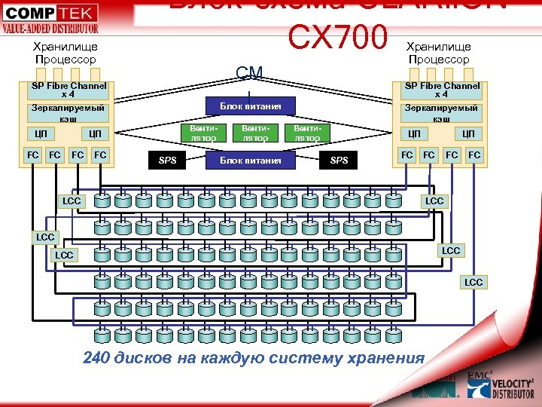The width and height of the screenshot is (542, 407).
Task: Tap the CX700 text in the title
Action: (x=337, y=38)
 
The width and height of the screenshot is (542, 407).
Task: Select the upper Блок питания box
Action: (x=251, y=106)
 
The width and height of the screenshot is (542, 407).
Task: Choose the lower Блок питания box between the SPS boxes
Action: (x=251, y=160)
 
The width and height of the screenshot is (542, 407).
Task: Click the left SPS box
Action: (x=167, y=160)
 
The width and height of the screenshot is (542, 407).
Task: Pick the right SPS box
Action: (x=340, y=160)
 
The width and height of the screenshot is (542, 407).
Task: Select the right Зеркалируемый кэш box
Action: (x=442, y=113)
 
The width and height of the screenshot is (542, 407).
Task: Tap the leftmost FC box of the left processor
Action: (x=33, y=155)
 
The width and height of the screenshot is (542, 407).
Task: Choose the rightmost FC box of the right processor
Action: (x=474, y=155)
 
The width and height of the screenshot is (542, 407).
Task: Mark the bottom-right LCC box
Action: (x=473, y=282)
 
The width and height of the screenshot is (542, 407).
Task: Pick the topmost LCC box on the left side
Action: (x=72, y=201)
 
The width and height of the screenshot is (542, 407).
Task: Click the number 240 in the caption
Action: (x=96, y=357)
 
